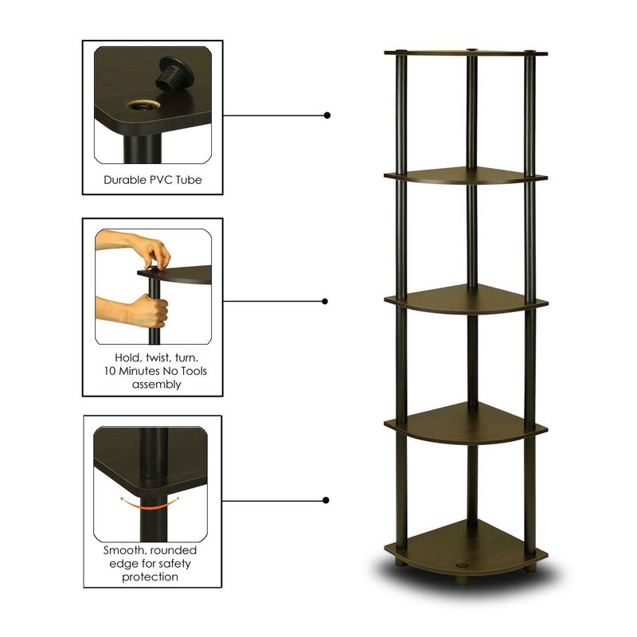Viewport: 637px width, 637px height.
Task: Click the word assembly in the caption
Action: coord(152,385)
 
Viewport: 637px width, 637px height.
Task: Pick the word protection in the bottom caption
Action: coord(151,577)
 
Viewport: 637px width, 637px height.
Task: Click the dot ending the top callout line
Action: coord(326,115)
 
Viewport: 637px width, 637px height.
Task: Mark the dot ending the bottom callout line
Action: coord(326,500)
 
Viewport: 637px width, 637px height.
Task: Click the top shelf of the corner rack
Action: coord(466,54)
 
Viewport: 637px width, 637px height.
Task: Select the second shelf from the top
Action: coord(466,175)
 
